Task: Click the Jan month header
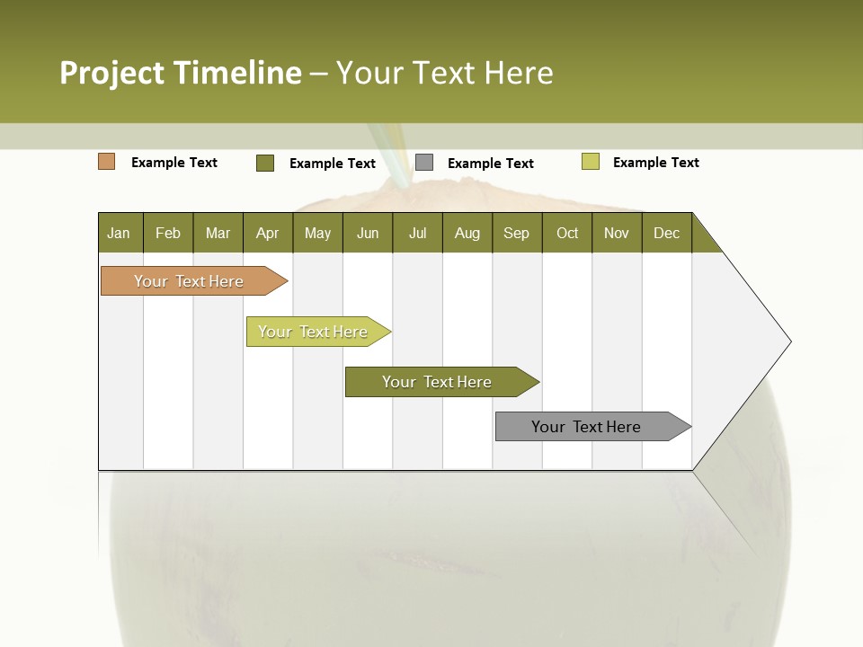[120, 233]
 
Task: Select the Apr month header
[268, 233]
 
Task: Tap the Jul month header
[417, 233]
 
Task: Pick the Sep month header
[517, 233]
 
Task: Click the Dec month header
[666, 233]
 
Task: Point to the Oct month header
[567, 233]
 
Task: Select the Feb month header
[168, 233]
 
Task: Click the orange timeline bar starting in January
[189, 281]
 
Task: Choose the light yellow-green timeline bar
[313, 332]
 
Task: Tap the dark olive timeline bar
[437, 382]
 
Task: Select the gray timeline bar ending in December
[586, 427]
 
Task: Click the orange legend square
[106, 162]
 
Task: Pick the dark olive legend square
[265, 163]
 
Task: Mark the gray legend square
[424, 163]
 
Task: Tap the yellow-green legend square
[590, 162]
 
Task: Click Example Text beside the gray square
[491, 164]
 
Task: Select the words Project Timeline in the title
[180, 73]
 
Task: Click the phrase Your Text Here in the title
[444, 73]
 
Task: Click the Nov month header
[617, 233]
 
